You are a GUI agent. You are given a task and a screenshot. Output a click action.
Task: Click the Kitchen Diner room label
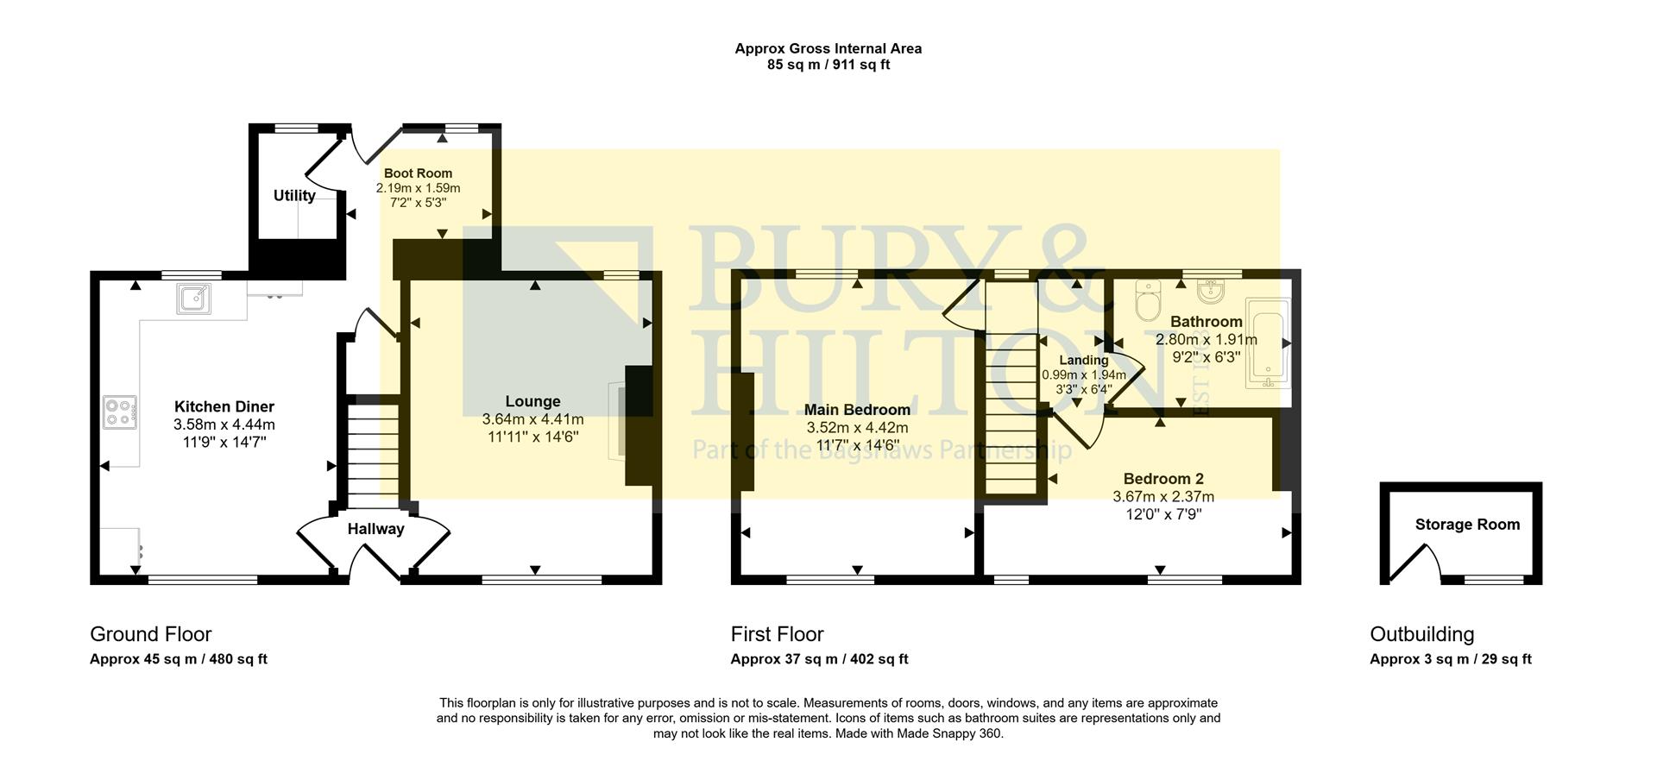tap(224, 406)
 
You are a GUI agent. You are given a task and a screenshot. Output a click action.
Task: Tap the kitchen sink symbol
tap(194, 299)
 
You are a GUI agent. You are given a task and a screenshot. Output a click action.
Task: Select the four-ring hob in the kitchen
tap(120, 412)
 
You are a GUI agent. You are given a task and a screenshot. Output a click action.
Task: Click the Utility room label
tap(294, 196)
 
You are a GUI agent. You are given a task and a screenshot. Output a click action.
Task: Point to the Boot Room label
tap(418, 173)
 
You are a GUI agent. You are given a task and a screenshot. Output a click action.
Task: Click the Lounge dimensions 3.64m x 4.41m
tap(532, 419)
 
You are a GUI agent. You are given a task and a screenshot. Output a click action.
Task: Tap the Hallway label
tap(375, 529)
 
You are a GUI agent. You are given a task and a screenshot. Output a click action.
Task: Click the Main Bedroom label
tap(857, 410)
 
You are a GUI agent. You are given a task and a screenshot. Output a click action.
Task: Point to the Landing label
tap(1083, 361)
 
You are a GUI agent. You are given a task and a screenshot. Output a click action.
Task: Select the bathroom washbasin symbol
tap(1211, 291)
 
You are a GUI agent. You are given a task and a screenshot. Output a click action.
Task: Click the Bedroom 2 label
tap(1162, 479)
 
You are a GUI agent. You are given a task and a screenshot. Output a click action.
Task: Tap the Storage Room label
tap(1467, 525)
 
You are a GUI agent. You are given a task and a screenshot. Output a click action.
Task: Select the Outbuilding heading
tap(1421, 634)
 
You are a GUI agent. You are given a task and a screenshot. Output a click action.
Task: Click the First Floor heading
tap(777, 634)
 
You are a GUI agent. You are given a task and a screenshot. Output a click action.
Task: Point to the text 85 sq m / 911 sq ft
tap(828, 65)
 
